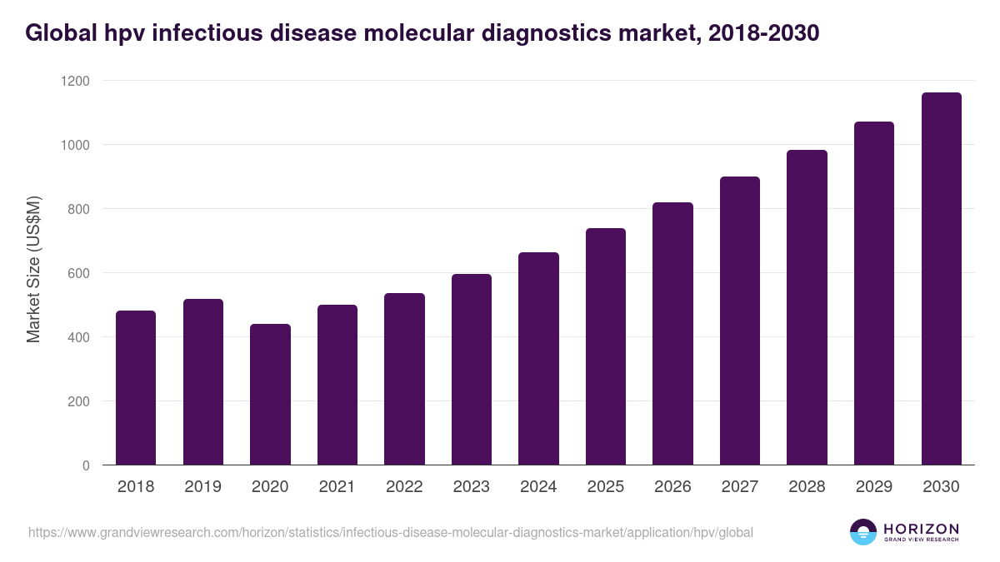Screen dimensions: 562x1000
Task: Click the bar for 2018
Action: pyautogui.click(x=136, y=388)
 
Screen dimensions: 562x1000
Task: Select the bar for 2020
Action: pyautogui.click(x=270, y=395)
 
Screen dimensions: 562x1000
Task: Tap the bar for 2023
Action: pyautogui.click(x=472, y=370)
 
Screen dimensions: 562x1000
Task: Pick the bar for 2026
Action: pyautogui.click(x=672, y=334)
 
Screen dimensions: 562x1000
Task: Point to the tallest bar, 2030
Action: pyautogui.click(x=942, y=279)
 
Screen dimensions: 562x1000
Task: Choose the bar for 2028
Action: pyautogui.click(x=807, y=307)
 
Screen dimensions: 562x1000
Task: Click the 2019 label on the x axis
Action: pyautogui.click(x=202, y=487)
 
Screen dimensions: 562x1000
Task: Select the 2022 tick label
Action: pyautogui.click(x=404, y=487)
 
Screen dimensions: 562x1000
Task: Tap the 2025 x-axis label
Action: pyautogui.click(x=606, y=487)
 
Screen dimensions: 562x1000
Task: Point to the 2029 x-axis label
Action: pyautogui.click(x=874, y=487)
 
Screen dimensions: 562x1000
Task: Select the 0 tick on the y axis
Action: pyautogui.click(x=85, y=465)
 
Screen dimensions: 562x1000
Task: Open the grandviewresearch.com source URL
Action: pyautogui.click(x=391, y=532)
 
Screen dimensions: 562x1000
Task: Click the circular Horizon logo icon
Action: pyautogui.click(x=863, y=532)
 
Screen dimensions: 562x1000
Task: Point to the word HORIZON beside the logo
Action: pyautogui.click(x=922, y=529)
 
